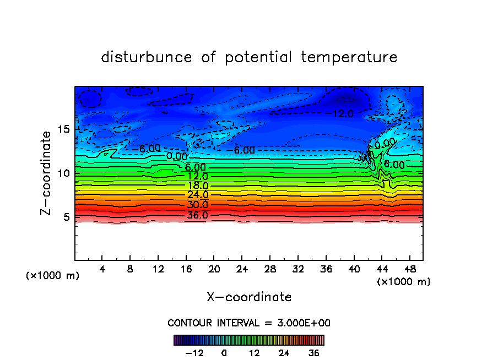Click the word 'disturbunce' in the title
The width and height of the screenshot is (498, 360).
(x=147, y=57)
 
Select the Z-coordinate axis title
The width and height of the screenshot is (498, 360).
(x=47, y=173)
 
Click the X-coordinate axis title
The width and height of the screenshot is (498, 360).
(x=249, y=297)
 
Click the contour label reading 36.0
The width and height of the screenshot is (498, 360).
(x=197, y=215)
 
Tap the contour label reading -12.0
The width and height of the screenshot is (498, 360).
(x=343, y=113)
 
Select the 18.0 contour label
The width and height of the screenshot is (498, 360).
(x=197, y=186)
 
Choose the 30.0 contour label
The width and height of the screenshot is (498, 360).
(x=197, y=205)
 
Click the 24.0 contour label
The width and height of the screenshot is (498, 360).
(x=197, y=195)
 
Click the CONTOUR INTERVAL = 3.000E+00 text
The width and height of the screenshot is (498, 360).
(x=249, y=323)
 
